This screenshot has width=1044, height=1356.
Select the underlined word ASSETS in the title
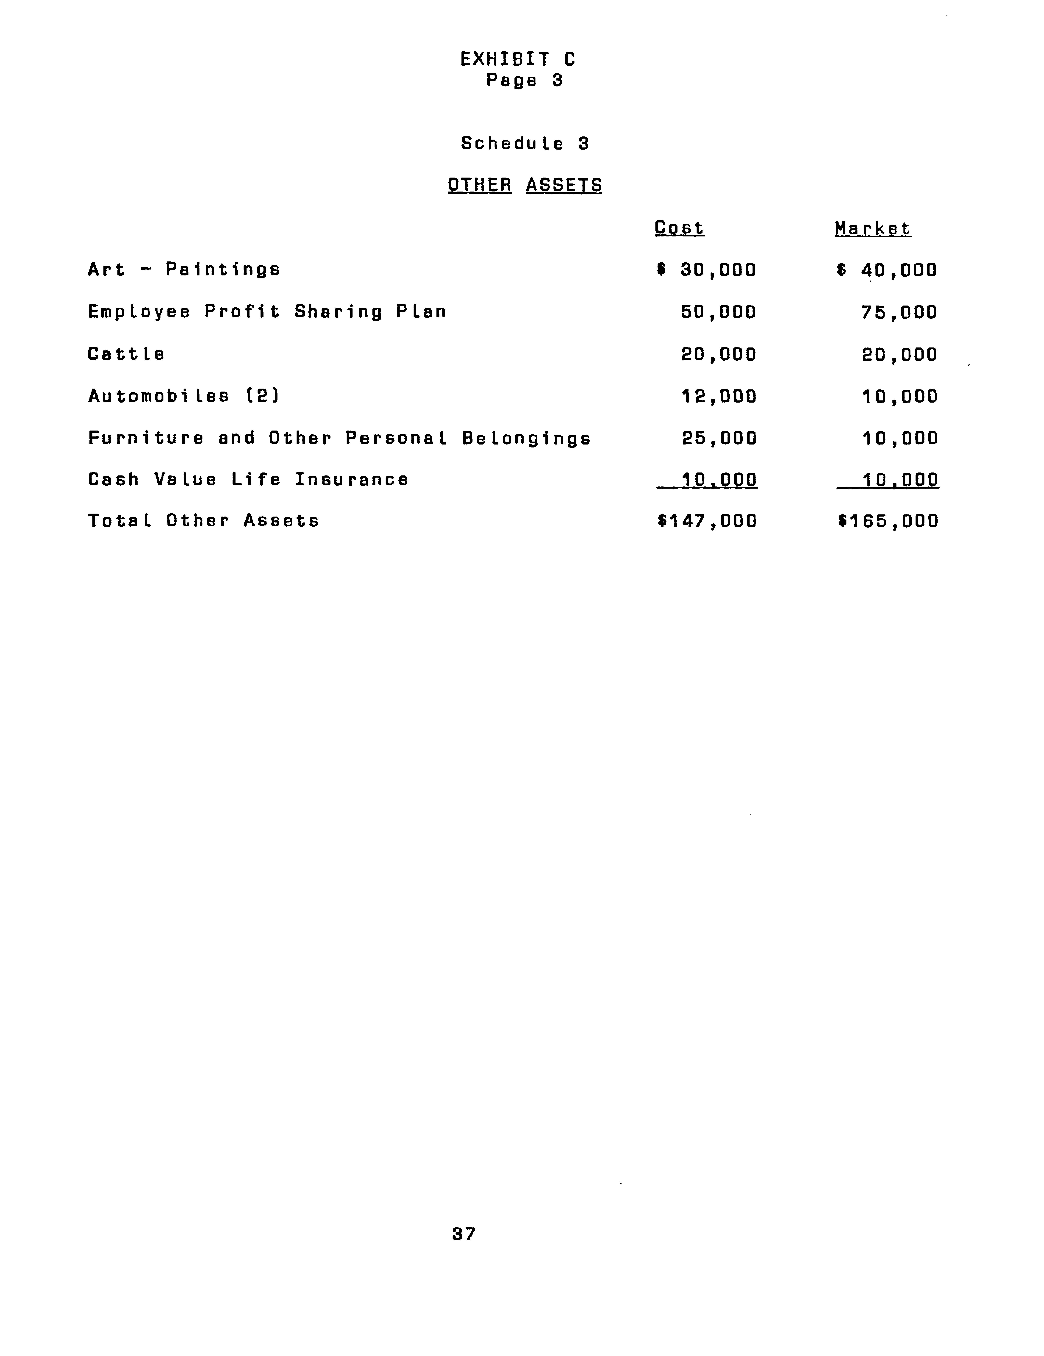[563, 185]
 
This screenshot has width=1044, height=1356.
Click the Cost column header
[679, 228]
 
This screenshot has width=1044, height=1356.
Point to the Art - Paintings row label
[184, 270]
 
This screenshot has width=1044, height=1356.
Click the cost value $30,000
[706, 270]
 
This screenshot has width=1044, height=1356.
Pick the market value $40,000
[887, 270]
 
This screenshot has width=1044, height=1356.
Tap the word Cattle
[126, 354]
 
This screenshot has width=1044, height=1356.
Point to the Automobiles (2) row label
[184, 396]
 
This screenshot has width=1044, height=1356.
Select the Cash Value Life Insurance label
[248, 479]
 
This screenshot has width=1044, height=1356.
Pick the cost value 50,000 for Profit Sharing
[719, 312]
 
